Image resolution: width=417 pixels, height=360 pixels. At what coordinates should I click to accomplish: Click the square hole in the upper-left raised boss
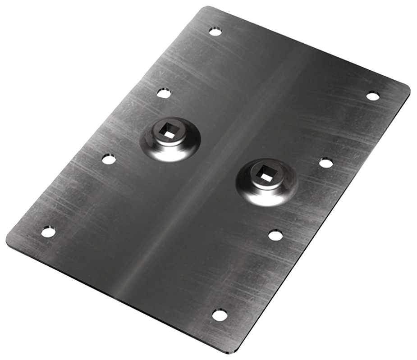click(x=169, y=133)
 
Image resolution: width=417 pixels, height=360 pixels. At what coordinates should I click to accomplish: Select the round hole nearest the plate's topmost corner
click(x=215, y=31)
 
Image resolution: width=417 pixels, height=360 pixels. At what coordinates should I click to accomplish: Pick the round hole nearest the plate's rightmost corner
click(x=372, y=96)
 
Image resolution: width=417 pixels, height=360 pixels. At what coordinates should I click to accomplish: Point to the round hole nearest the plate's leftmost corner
click(x=48, y=232)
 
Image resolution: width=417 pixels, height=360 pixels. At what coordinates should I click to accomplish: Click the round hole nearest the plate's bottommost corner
click(x=220, y=315)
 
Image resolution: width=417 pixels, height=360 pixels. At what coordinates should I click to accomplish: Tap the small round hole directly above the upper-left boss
click(x=164, y=93)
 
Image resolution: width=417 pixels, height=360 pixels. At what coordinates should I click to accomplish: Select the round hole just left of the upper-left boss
click(x=108, y=159)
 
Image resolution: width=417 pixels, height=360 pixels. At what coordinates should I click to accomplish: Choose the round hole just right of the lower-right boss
click(x=326, y=163)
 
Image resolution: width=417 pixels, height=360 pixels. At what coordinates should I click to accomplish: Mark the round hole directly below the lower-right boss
click(x=275, y=235)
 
